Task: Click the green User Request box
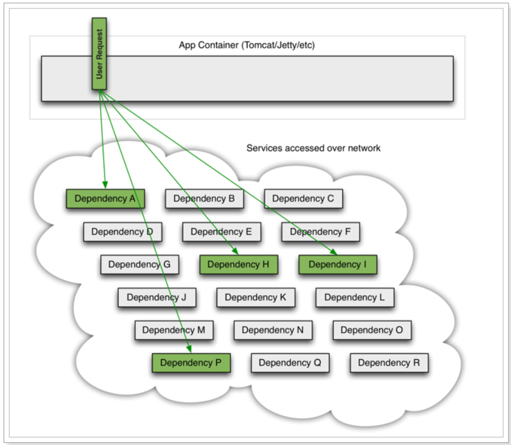[x=99, y=54]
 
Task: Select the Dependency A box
[x=105, y=199]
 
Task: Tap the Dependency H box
[x=238, y=264]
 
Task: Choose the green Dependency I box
[x=338, y=264]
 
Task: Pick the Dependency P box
[x=191, y=363]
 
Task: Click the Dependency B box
[x=204, y=199]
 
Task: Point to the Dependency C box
[x=303, y=199]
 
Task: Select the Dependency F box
[x=320, y=232]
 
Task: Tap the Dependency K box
[x=255, y=297]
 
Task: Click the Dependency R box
[x=389, y=363]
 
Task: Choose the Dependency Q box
[x=290, y=363]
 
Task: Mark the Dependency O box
[x=372, y=330]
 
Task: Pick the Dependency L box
[x=355, y=297]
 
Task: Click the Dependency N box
[x=273, y=330]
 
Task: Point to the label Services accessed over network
[x=313, y=148]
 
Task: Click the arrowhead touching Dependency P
[x=190, y=350]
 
